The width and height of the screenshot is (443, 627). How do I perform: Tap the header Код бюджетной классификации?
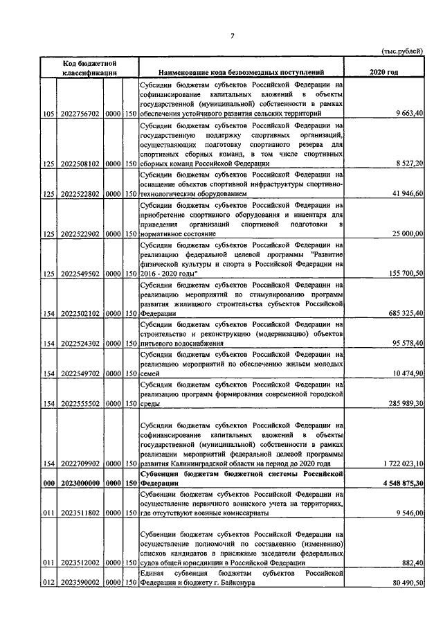(88, 67)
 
